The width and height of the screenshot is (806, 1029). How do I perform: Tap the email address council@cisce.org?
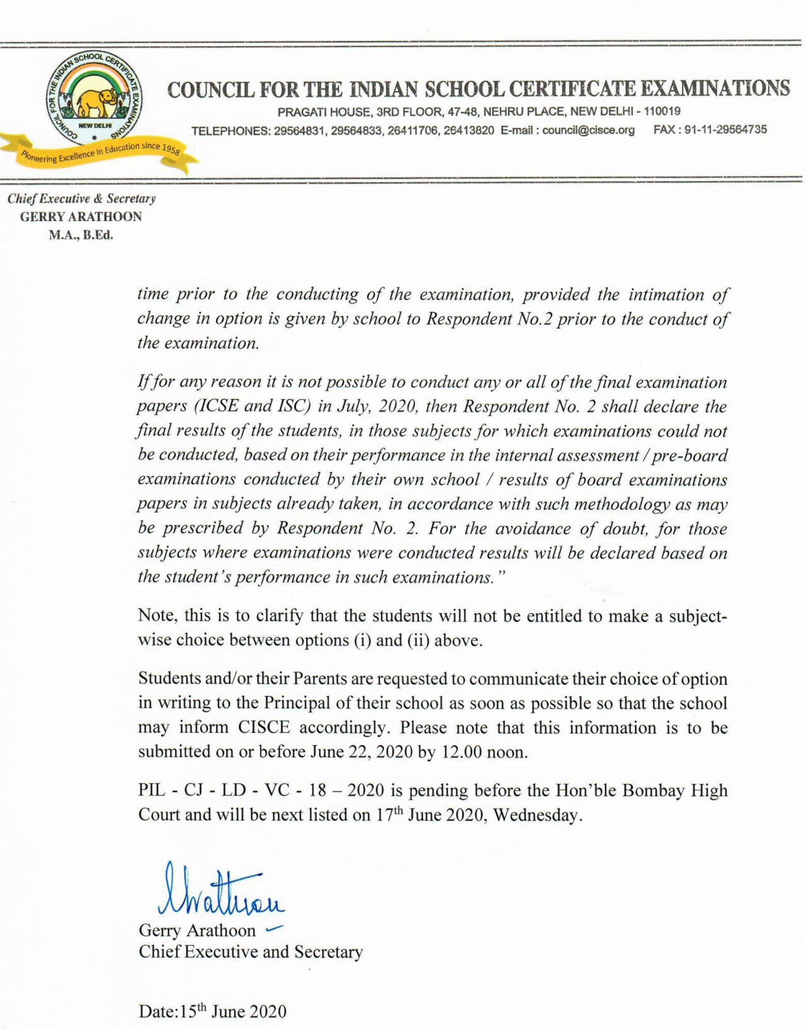pos(588,130)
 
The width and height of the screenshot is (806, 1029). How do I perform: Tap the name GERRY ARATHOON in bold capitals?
pos(81,217)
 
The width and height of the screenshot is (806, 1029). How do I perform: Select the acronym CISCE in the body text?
pos(264,728)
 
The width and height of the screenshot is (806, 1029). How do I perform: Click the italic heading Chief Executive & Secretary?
pos(81,199)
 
